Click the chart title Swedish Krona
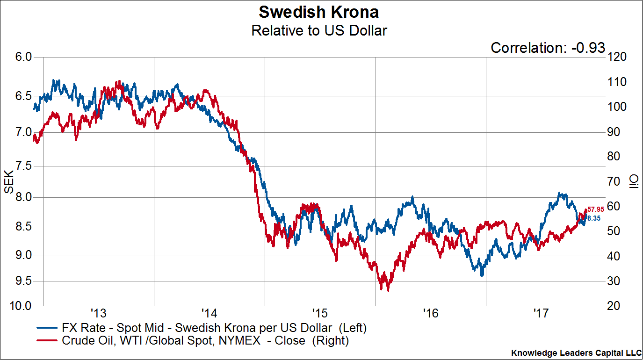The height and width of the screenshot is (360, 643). point(319,11)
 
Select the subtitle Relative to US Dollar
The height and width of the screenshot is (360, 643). point(319,30)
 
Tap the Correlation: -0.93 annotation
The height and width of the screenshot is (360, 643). point(548,48)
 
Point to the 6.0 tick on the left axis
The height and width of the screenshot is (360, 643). point(23,57)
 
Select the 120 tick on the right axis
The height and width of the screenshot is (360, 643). point(617,57)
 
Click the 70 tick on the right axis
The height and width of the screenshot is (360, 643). point(614,181)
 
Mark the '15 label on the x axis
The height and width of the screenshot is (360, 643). point(320,312)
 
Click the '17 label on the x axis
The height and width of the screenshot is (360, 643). point(542,312)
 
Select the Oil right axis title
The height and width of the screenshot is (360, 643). point(633,181)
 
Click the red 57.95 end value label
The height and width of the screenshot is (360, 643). point(595,209)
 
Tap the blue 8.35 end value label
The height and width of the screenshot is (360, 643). point(593,218)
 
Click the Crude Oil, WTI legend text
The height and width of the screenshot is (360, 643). point(205,340)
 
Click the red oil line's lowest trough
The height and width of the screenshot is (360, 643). point(388,290)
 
